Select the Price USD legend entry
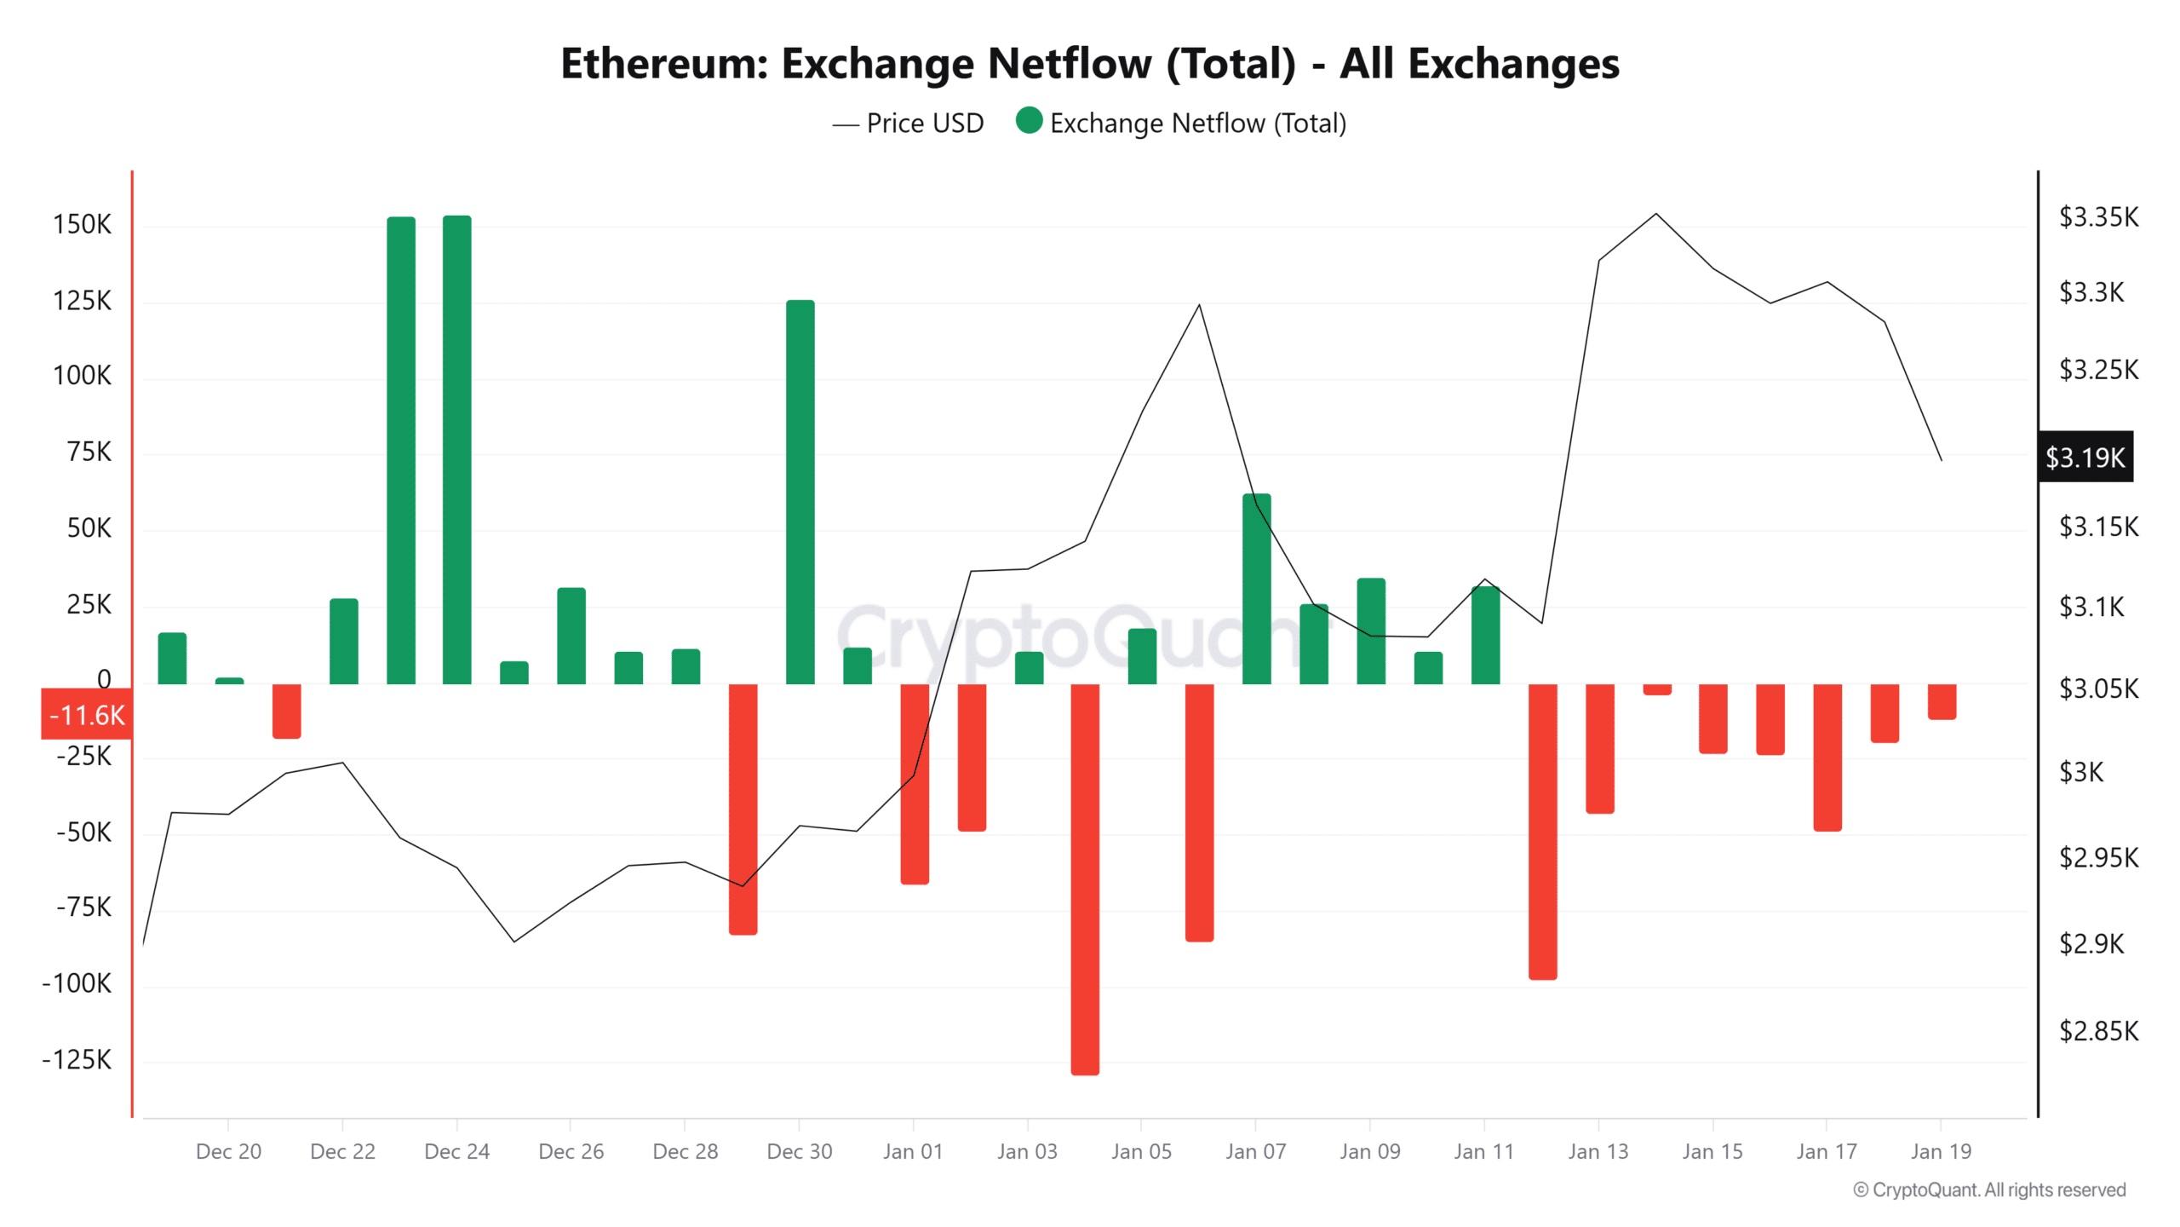[909, 124]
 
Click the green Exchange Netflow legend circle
[1029, 121]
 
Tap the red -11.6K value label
[87, 714]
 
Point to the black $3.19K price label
[2085, 458]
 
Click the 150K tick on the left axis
[82, 224]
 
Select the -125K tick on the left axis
[77, 1059]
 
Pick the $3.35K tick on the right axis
[2097, 217]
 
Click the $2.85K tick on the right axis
[2097, 1031]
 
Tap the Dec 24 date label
[456, 1151]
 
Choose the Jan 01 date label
[913, 1151]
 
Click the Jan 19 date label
[1940, 1151]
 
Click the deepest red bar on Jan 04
[1085, 878]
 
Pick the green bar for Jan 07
[1256, 588]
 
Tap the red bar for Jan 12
[1542, 831]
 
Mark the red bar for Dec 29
[743, 809]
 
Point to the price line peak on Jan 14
[1655, 214]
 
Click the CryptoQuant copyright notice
[1988, 1190]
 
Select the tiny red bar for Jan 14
[1656, 689]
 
